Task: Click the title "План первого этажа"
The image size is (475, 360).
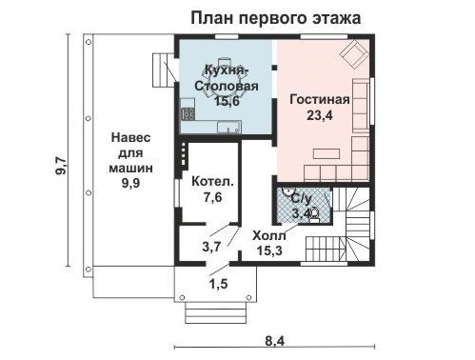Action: tap(276, 18)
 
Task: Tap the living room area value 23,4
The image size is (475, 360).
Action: tap(320, 115)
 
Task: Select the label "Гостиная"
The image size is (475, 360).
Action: tap(320, 99)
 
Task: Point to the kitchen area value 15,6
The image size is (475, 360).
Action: tap(227, 101)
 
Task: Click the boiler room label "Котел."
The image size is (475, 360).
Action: tap(212, 182)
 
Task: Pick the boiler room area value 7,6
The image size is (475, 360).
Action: tap(212, 197)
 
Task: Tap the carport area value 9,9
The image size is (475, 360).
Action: tap(131, 183)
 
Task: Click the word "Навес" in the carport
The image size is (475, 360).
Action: tap(131, 138)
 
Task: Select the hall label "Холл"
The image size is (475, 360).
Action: tap(269, 236)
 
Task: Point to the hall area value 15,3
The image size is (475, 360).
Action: tap(269, 250)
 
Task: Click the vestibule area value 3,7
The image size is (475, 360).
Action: tap(211, 247)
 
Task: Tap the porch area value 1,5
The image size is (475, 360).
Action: tap(219, 284)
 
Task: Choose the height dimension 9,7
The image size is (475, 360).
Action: tap(61, 166)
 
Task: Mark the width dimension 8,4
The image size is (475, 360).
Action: tap(274, 342)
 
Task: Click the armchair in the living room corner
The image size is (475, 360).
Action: tap(354, 54)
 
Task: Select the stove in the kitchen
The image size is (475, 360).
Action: tap(188, 114)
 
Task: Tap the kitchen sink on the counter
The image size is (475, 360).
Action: tap(228, 128)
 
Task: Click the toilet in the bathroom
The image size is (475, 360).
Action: tap(314, 214)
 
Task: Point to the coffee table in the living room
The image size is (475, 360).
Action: tap(327, 153)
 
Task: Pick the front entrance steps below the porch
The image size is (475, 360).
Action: tap(215, 312)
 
